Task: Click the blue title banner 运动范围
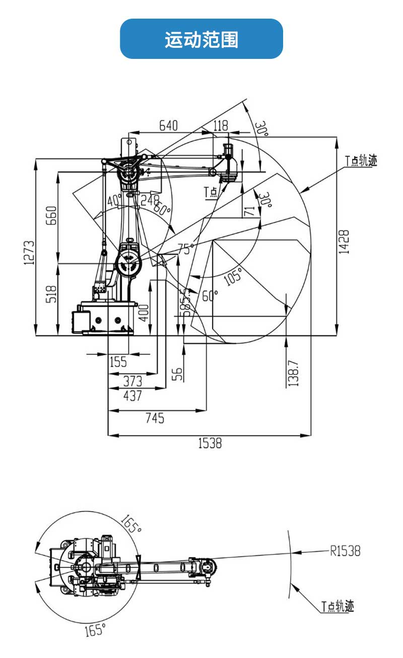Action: pyautogui.click(x=201, y=39)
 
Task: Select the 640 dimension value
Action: pyautogui.click(x=168, y=125)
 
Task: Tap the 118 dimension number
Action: pyautogui.click(x=220, y=125)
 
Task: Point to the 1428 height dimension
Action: pyautogui.click(x=344, y=242)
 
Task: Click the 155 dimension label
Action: pyautogui.click(x=118, y=361)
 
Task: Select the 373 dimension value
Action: pyautogui.click(x=133, y=380)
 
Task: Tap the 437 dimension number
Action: pyautogui.click(x=133, y=396)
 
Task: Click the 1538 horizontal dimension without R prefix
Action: pyautogui.click(x=210, y=443)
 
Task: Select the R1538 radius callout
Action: pyautogui.click(x=346, y=551)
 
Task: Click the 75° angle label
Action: pyautogui.click(x=186, y=248)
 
